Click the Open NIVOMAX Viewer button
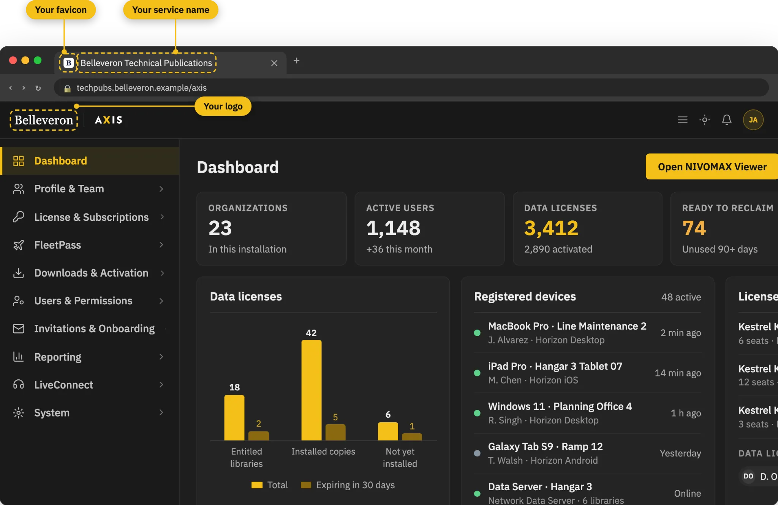(x=712, y=167)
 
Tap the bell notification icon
(x=727, y=120)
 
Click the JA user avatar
(x=753, y=120)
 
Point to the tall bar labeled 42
(x=312, y=390)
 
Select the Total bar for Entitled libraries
(x=234, y=418)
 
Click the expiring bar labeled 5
(x=335, y=432)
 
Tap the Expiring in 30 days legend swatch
(x=306, y=485)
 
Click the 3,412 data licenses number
(x=551, y=228)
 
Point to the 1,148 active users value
(x=393, y=228)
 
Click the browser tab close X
(x=274, y=63)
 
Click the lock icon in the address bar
(x=67, y=88)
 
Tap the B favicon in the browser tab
(x=68, y=63)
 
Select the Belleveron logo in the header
(x=44, y=120)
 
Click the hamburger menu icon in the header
(x=683, y=120)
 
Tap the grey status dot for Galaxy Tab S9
(x=477, y=453)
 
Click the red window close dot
(x=13, y=60)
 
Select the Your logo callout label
(x=223, y=106)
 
